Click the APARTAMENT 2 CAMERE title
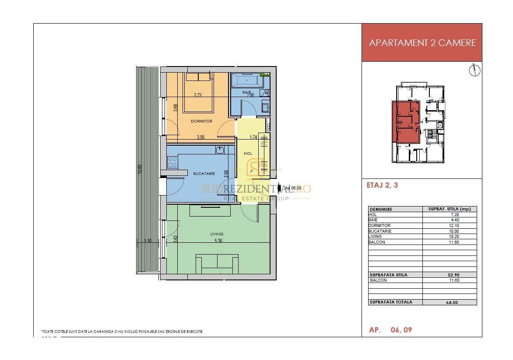422,43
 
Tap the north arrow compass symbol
474,70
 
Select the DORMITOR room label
201,121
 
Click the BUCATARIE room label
204,174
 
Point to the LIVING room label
217,234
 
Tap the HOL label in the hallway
248,154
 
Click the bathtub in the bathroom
246,80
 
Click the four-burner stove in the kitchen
172,163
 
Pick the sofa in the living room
217,264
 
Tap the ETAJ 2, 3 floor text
382,185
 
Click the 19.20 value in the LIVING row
449,236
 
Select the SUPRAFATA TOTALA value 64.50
449,302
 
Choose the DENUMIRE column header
381,209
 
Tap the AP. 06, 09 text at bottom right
390,330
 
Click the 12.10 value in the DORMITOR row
449,226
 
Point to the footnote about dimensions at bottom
122,332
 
